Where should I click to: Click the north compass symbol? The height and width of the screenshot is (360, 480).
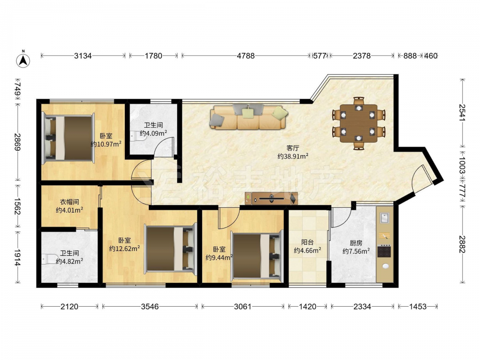tap(23, 60)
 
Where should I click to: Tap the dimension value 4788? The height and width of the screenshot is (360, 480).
tap(246, 56)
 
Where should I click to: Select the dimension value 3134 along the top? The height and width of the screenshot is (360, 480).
tap(83, 56)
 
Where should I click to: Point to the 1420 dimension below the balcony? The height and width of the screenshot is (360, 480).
tap(307, 306)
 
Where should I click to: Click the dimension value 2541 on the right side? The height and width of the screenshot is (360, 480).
tap(462, 113)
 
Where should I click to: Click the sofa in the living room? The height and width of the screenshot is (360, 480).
tap(248, 117)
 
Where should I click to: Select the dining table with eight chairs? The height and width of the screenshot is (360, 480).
tap(359, 123)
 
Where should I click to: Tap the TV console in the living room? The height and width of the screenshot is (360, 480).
tap(271, 198)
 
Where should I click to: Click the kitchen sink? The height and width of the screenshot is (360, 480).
tap(384, 218)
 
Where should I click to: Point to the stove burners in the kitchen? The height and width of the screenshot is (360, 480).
tap(384, 252)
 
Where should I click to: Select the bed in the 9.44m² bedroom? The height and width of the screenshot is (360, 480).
tap(256, 256)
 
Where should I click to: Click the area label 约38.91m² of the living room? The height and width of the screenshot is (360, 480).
tap(293, 156)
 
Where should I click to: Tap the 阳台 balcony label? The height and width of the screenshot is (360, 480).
tap(307, 242)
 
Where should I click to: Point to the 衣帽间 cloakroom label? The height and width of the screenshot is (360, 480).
tap(69, 202)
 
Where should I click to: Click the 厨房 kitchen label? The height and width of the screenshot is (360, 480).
tap(356, 243)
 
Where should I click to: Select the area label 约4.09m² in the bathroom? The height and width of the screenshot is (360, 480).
tap(154, 133)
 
